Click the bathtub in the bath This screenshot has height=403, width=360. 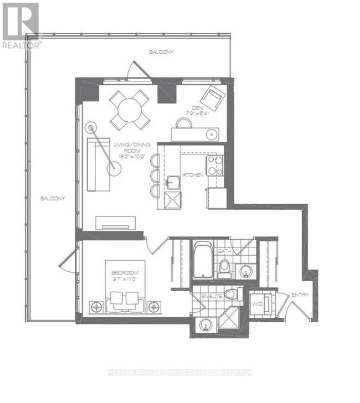pos(203,260)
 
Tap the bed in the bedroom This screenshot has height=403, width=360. pos(124,293)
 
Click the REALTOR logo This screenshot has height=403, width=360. pos(20,25)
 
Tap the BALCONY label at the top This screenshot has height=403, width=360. pos(162,52)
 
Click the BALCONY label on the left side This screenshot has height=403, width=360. pos(53,198)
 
